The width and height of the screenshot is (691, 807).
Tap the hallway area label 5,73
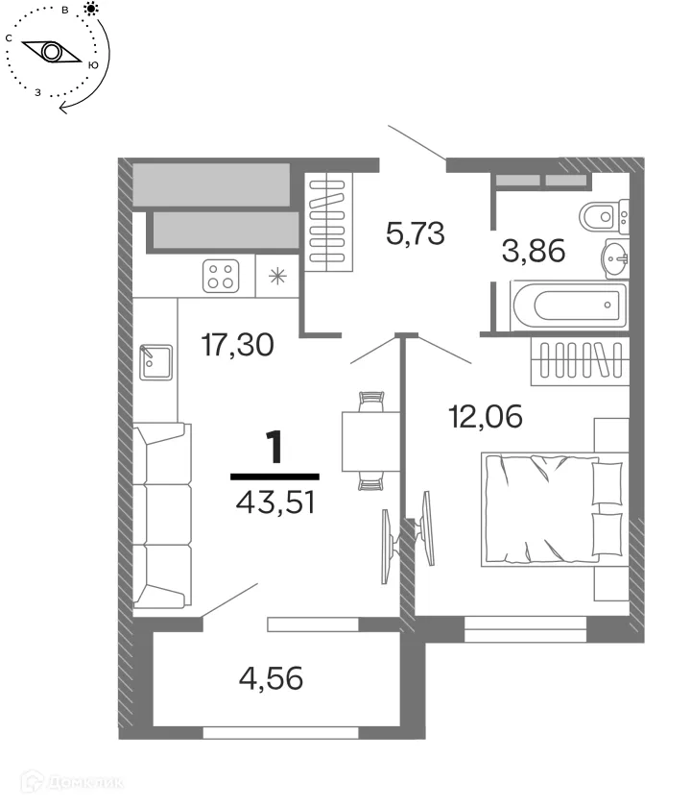point(415,232)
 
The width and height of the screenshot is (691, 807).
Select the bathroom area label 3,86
point(533,251)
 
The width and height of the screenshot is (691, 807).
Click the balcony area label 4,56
point(271,679)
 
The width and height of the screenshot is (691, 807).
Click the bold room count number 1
point(275,449)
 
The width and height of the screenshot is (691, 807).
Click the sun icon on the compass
point(91,10)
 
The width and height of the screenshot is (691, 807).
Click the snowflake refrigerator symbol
point(278,277)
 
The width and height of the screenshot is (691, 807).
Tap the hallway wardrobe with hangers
point(328,223)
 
